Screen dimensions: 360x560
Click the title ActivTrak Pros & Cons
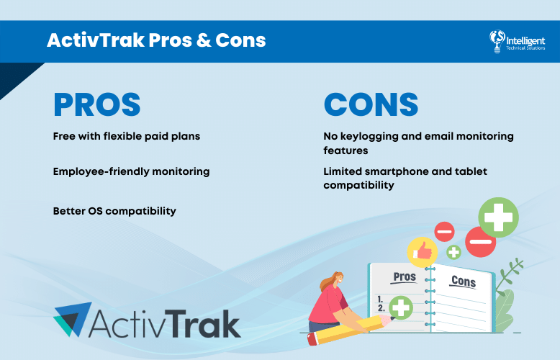coord(156,40)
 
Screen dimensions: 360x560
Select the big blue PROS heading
coord(96,105)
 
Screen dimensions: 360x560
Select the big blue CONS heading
coord(371,105)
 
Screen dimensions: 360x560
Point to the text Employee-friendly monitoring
coord(131,171)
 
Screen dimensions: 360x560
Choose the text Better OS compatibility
coord(114,211)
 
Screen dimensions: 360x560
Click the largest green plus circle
coord(498,217)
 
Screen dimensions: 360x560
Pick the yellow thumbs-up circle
coord(423,253)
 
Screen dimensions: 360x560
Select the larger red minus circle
coord(480,241)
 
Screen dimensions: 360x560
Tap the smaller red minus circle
coord(444,232)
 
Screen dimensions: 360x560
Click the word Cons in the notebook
coord(462,281)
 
